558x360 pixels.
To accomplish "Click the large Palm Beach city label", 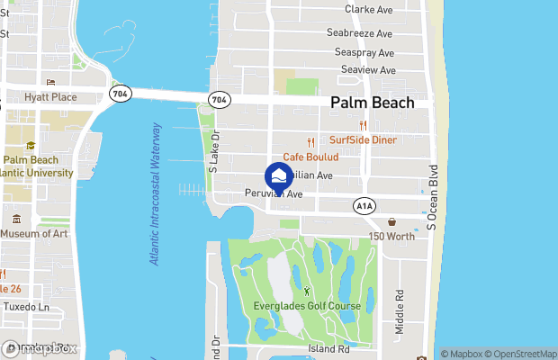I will tap(372, 103).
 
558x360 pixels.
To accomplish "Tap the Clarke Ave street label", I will tap(369, 10).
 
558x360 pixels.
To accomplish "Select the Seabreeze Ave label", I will tap(360, 33).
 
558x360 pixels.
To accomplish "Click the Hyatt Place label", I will tap(50, 97).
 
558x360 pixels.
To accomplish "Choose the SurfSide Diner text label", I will tap(363, 140).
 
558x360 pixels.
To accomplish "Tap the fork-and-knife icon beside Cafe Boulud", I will tap(310, 141).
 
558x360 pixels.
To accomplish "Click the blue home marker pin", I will tap(279, 175).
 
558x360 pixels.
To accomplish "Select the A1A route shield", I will tap(364, 206).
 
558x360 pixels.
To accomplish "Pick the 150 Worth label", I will tap(391, 236).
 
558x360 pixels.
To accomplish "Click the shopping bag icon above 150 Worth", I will tap(391, 221).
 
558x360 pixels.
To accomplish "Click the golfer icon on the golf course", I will tap(308, 291).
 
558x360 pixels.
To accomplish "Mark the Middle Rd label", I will tap(398, 310).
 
